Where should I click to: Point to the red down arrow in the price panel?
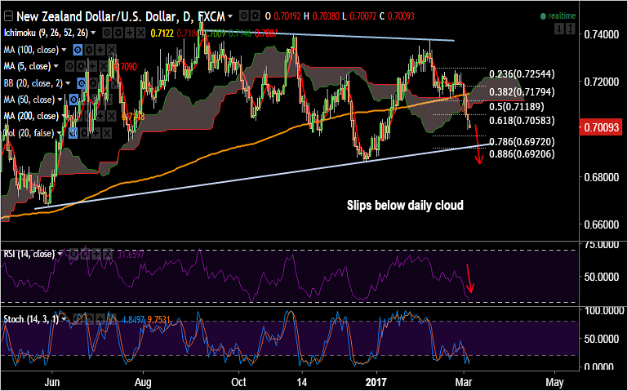pyautogui.click(x=478, y=147)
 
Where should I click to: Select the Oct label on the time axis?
pyautogui.click(x=239, y=381)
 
